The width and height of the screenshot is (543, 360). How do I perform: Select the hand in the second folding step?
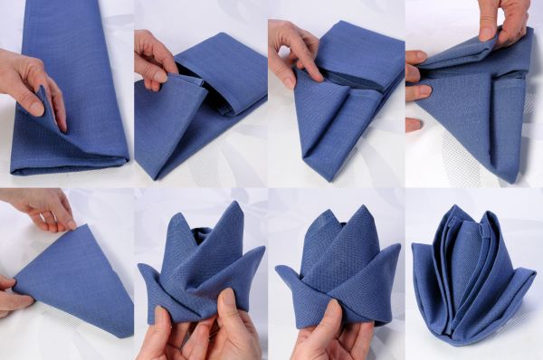pyautogui.click(x=155, y=58)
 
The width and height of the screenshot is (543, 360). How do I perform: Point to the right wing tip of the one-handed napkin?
pyautogui.click(x=399, y=253)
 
